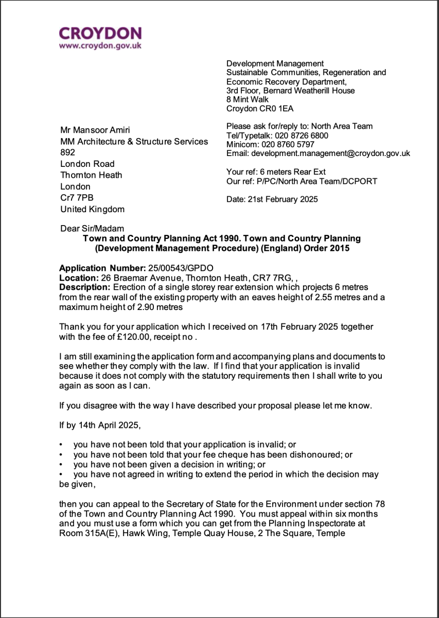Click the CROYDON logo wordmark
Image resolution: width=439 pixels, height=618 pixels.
tap(100, 33)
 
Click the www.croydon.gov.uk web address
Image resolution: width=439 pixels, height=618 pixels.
tap(100, 46)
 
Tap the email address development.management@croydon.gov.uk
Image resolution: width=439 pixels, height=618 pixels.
tap(330, 153)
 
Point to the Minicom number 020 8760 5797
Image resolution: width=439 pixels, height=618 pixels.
tap(288, 145)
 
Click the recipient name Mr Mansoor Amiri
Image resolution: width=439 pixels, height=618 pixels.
tap(92, 130)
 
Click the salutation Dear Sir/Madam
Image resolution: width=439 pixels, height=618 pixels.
tap(92, 229)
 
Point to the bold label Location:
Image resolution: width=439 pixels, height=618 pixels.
tap(76, 278)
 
